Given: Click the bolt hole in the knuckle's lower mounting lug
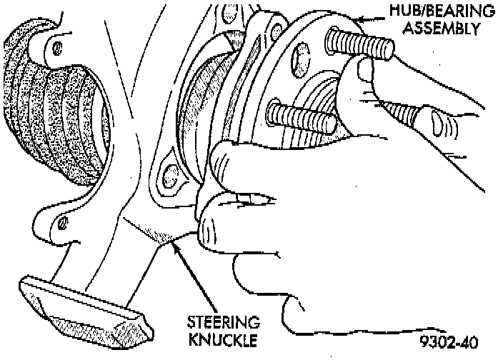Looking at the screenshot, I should point(169,171).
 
